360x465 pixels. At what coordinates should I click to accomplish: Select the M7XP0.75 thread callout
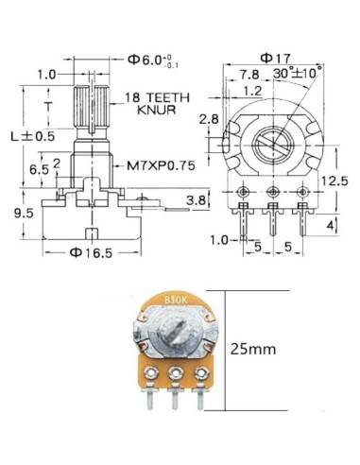tap(161, 165)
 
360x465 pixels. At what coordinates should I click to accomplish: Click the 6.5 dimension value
tap(39, 169)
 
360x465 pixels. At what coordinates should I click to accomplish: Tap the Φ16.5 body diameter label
tap(92, 252)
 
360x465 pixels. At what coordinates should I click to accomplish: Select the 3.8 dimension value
tap(196, 200)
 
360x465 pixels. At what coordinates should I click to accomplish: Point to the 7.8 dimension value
tap(249, 74)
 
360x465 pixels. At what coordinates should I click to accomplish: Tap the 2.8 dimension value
tap(210, 119)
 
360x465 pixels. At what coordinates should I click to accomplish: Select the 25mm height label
tap(253, 349)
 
